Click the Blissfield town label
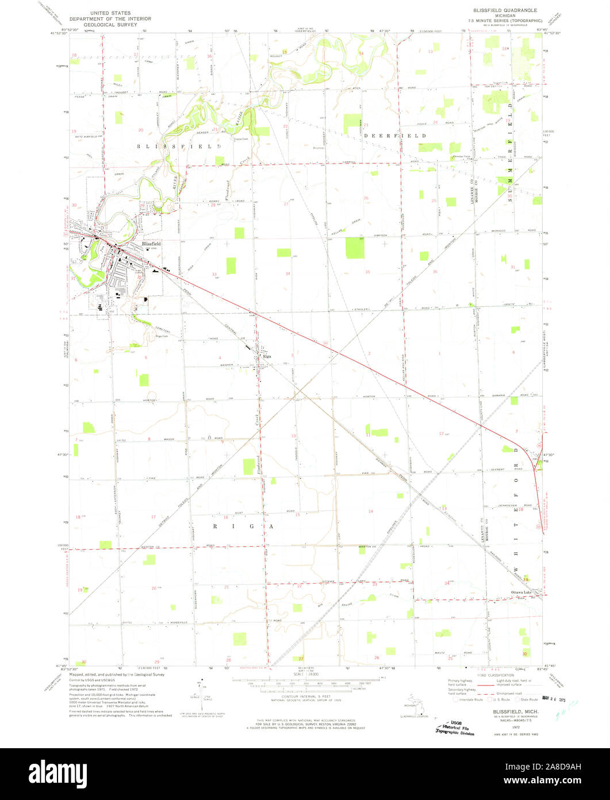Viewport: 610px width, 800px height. tap(152, 243)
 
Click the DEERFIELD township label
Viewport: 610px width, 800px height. tap(396, 136)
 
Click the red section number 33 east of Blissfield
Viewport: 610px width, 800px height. tap(214, 274)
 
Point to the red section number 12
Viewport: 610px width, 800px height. tap(441, 433)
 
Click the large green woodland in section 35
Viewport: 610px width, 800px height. tap(355, 248)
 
